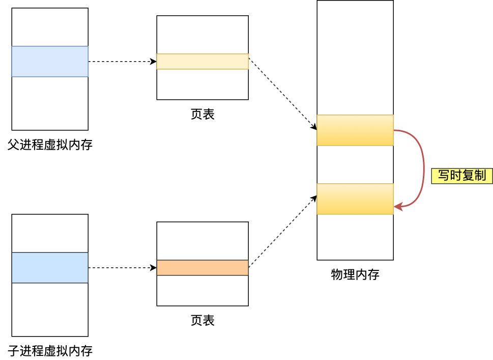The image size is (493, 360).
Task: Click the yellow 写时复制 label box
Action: (x=461, y=176)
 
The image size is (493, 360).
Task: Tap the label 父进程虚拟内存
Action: (x=50, y=145)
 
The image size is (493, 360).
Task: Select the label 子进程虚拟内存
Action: (x=50, y=351)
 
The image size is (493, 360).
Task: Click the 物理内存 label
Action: (x=355, y=275)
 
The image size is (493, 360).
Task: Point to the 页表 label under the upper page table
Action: (x=202, y=115)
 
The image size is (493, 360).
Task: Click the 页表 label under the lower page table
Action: (x=202, y=320)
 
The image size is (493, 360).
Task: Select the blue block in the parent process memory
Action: (x=50, y=62)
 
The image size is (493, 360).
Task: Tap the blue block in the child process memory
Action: (x=50, y=268)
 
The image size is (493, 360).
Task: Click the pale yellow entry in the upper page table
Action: (x=202, y=62)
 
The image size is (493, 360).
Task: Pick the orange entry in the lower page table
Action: (x=202, y=268)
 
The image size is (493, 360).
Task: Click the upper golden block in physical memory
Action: (x=355, y=130)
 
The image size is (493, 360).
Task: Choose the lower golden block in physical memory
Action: (x=355, y=199)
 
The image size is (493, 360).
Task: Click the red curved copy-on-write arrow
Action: (x=423, y=168)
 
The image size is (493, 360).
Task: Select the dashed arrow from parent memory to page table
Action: (x=122, y=62)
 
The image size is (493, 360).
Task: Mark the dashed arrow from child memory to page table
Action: (x=122, y=268)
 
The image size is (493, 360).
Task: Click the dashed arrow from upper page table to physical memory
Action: (x=282, y=94)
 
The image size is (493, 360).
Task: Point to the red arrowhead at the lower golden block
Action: (x=398, y=207)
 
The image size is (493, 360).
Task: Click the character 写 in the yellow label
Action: (x=444, y=176)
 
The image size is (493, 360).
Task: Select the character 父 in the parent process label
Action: (x=13, y=145)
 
